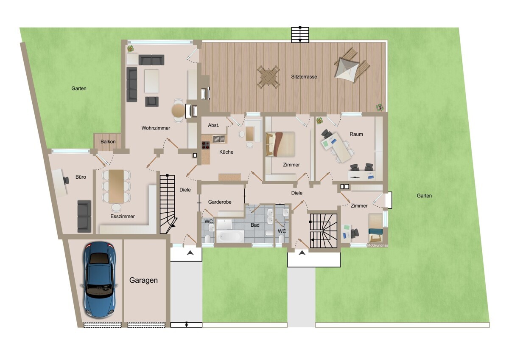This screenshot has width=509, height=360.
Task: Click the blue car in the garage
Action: [x=100, y=279]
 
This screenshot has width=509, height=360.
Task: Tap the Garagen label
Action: [x=143, y=281]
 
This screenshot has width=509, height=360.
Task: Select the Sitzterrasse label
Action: [x=304, y=77]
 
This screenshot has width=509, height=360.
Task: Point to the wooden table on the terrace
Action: [x=268, y=77]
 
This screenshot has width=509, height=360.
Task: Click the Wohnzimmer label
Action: [x=156, y=128]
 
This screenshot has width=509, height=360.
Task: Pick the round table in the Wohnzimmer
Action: [x=178, y=111]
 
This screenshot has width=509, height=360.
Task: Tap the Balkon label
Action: [x=108, y=141]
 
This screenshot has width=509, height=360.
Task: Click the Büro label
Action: [x=81, y=177]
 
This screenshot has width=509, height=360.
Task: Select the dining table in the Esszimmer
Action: [x=116, y=186]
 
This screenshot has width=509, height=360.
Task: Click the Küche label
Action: [x=227, y=152]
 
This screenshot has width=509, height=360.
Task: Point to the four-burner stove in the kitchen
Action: [x=206, y=145]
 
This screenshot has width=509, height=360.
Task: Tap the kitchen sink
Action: [x=219, y=139]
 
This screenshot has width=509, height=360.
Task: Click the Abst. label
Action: [x=214, y=125]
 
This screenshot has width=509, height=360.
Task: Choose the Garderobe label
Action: [x=220, y=202]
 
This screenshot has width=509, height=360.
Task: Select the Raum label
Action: [x=356, y=134]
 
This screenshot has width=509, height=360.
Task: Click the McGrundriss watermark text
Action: [x=378, y=246]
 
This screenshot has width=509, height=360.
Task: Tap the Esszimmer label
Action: [x=123, y=217]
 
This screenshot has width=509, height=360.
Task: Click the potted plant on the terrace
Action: [x=380, y=107]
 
